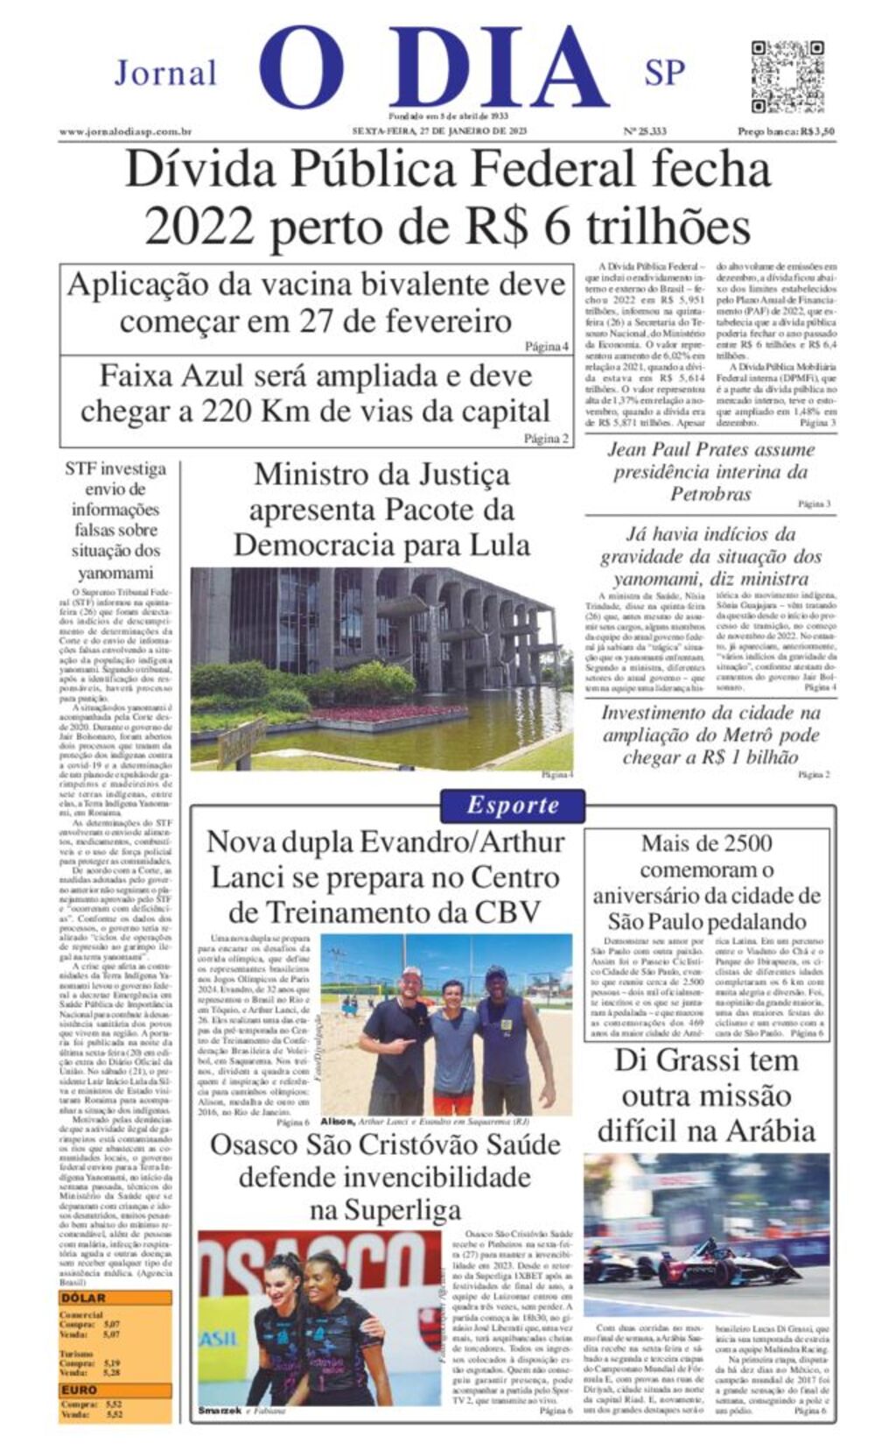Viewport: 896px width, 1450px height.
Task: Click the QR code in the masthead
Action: pyautogui.click(x=787, y=76)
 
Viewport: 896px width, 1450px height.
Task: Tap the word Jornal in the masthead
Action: pyautogui.click(x=165, y=74)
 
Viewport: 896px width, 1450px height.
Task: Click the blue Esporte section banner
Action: pyautogui.click(x=512, y=806)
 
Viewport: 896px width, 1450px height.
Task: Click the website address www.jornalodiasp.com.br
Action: pyautogui.click(x=125, y=132)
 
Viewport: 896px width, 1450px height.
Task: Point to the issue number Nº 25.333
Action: pyautogui.click(x=644, y=132)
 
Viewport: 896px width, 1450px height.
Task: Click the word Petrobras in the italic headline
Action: pyautogui.click(x=710, y=494)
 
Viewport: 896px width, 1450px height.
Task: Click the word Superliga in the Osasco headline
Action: pyautogui.click(x=385, y=1211)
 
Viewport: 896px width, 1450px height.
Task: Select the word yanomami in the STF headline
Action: pyautogui.click(x=115, y=574)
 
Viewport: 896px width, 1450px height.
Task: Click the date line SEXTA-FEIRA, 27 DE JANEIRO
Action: pyautogui.click(x=439, y=132)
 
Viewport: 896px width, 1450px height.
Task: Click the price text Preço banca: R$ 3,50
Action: pyautogui.click(x=786, y=132)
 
